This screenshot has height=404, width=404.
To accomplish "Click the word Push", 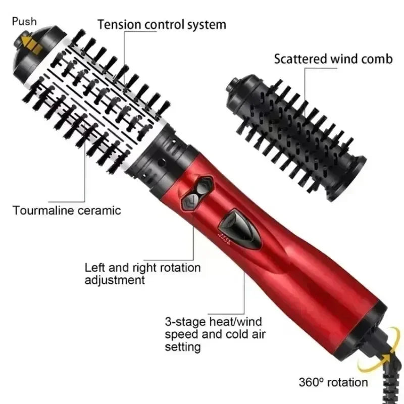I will point(25,21).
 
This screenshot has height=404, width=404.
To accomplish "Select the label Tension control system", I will point(162,24).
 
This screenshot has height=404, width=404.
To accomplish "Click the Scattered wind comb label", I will point(333,59).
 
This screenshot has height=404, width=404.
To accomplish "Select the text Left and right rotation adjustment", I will point(142,273).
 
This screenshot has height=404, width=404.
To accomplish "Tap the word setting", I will point(182,347).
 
